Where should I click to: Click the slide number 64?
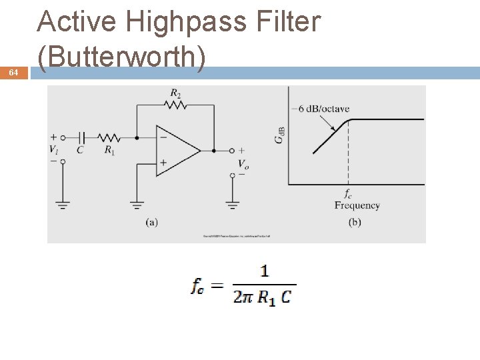pos(13,73)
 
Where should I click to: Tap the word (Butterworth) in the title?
pos(121,58)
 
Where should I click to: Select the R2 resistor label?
pos(175,93)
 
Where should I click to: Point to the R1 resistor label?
pos(109,150)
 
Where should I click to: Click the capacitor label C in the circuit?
pos(80,150)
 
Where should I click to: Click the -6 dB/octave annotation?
pos(323,109)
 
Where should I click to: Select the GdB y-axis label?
pos(281,135)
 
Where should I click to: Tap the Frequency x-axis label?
pos(357,206)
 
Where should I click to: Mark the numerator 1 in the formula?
pos(265,271)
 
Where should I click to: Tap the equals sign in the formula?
pos(217,285)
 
